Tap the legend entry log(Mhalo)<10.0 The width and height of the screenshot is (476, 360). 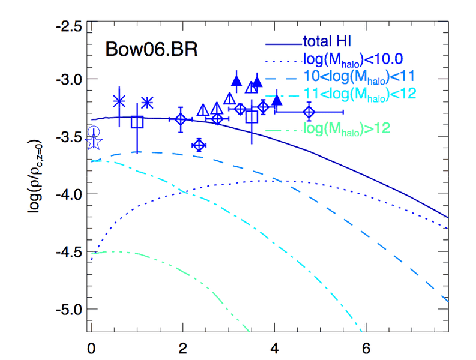click(x=352, y=59)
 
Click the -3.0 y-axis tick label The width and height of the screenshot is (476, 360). click(x=68, y=79)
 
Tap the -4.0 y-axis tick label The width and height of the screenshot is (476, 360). click(x=68, y=194)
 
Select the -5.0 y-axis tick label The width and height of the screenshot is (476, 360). click(x=68, y=309)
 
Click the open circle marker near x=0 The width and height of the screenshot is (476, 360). click(x=94, y=132)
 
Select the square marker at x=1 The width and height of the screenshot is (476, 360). click(x=137, y=122)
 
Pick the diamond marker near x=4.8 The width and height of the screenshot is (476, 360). click(x=309, y=112)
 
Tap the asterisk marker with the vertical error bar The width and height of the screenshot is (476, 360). click(x=119, y=101)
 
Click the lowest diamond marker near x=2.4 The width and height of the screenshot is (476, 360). click(x=199, y=145)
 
